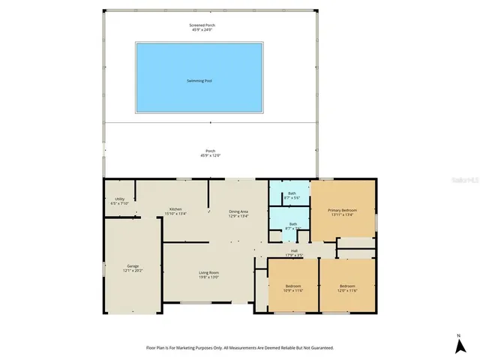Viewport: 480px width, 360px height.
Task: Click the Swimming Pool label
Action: click(199, 80)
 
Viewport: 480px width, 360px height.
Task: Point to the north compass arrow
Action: click(458, 345)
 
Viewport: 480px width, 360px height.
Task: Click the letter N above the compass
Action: click(458, 334)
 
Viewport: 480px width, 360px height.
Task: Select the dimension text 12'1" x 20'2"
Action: click(131, 271)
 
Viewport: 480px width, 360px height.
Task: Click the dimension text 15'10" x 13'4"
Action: click(175, 214)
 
